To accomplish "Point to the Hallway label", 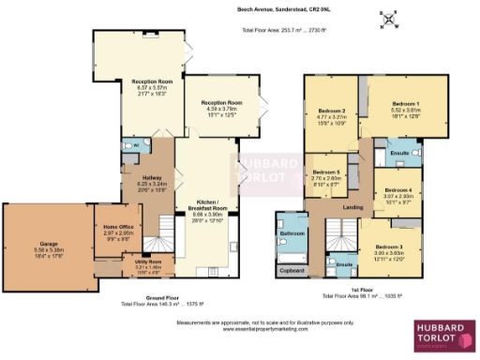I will (140, 177).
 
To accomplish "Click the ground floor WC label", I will (135, 146).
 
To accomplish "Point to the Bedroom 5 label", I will (325, 173).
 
